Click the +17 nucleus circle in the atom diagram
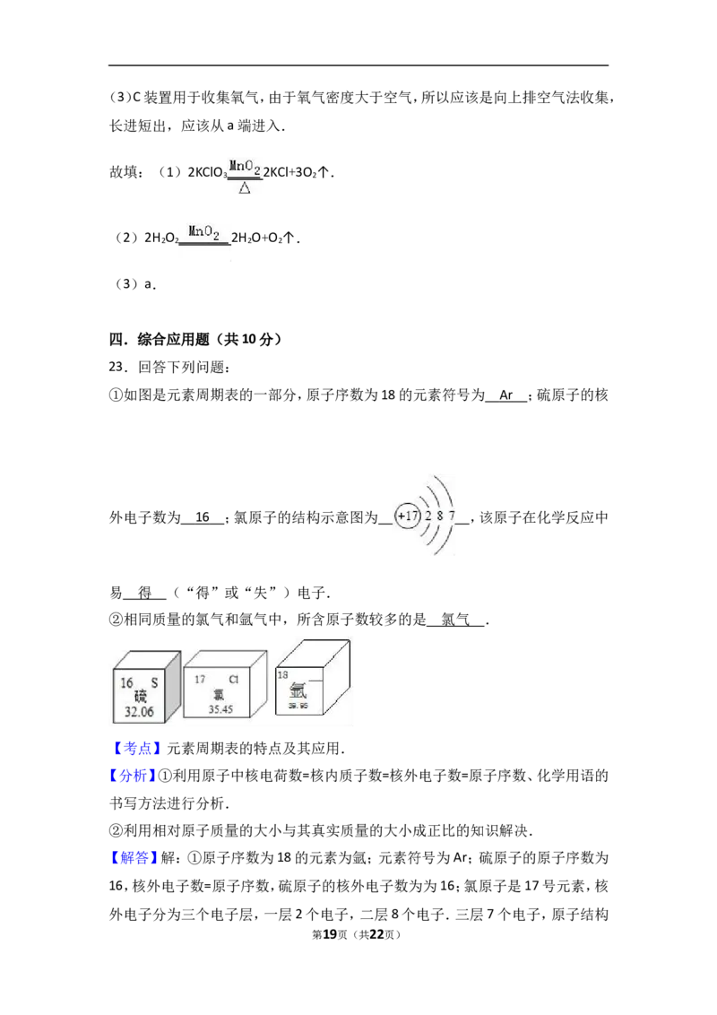(408, 516)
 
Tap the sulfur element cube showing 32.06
(146, 687)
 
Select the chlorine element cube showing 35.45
(225, 684)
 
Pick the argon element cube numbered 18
(313, 678)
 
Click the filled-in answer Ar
(506, 395)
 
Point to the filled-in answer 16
(203, 517)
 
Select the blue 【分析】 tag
(133, 776)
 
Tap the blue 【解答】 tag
(133, 858)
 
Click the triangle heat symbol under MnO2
(245, 188)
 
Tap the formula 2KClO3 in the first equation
(207, 173)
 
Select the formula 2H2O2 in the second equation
(161, 239)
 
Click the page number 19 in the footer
(330, 934)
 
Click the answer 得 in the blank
(145, 593)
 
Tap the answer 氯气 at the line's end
(455, 620)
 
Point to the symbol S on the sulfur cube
(154, 682)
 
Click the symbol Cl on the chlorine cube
(234, 679)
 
